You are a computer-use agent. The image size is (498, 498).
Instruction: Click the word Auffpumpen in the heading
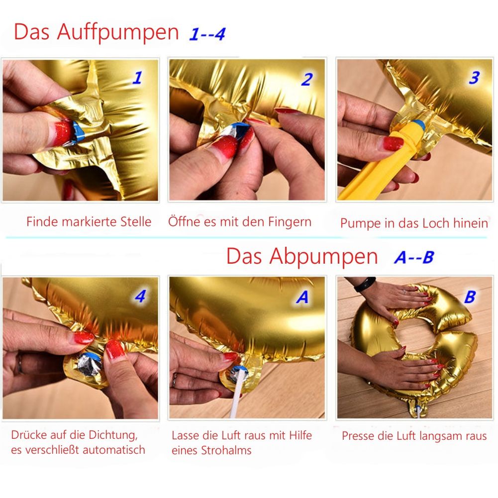coord(118,32)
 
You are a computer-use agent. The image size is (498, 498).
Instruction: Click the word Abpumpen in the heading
coord(324,257)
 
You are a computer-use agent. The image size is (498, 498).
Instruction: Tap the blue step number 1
coord(137,78)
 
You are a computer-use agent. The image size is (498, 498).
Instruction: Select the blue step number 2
coord(307,80)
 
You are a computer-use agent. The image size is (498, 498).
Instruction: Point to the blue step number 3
coord(474,78)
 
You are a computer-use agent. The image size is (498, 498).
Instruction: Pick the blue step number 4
coord(140,297)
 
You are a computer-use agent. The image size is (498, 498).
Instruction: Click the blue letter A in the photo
coord(302,298)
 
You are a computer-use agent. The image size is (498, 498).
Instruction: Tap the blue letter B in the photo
coord(470,298)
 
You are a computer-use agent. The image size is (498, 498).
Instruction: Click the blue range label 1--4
coord(207,34)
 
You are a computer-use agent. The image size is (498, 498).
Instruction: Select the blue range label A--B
coord(414,257)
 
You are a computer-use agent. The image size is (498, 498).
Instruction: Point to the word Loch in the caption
coord(439,223)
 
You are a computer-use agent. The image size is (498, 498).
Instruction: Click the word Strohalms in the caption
coord(226,450)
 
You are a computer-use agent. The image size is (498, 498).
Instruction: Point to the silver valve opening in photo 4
coord(89,365)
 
